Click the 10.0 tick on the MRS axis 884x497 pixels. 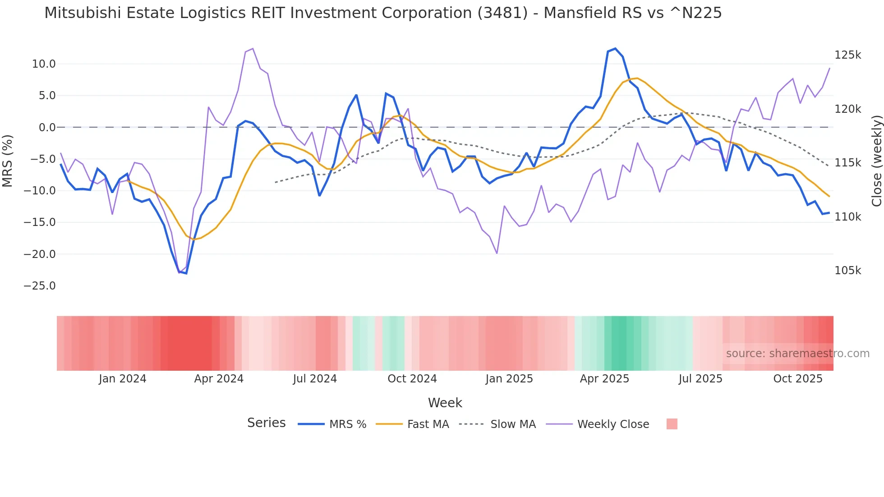[43, 64]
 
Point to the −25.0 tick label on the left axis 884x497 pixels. [40, 286]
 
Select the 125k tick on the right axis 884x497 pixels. [847, 55]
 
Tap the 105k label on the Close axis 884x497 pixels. [847, 271]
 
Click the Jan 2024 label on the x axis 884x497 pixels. [122, 379]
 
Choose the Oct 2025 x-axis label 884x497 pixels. [797, 379]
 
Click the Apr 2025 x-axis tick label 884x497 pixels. [604, 379]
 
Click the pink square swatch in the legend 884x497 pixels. [672, 424]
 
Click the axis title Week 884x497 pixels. [445, 403]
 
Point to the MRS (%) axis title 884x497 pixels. [8, 161]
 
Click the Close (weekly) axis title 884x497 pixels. [876, 161]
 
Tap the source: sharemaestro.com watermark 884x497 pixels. [797, 354]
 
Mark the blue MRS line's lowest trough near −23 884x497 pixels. [186, 273]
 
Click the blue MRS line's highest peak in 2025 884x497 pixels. [615, 49]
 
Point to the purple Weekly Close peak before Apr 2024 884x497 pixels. [253, 49]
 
